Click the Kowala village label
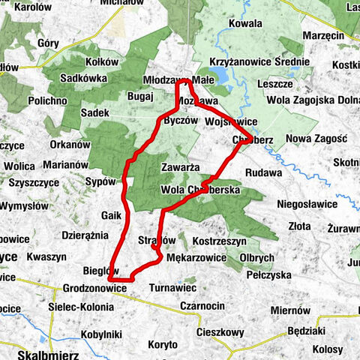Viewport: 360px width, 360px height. tap(245, 23)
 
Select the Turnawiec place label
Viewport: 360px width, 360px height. tap(172, 287)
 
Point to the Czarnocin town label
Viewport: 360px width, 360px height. tap(203, 306)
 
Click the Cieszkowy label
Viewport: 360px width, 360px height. tap(216, 331)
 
